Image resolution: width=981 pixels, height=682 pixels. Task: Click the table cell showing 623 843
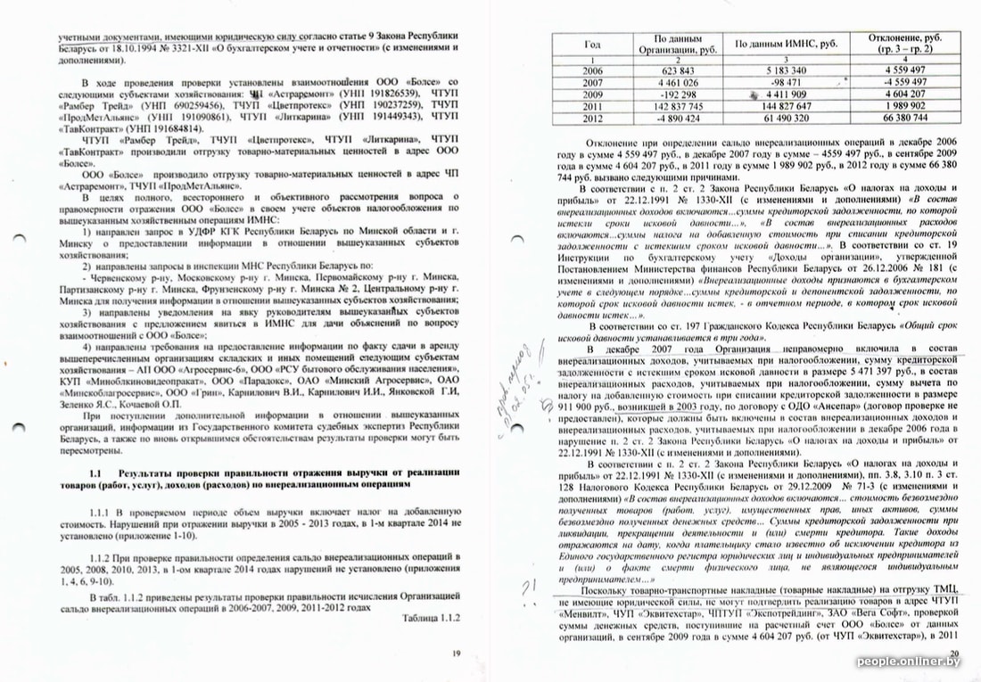point(680,70)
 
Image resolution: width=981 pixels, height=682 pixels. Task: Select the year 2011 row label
point(592,105)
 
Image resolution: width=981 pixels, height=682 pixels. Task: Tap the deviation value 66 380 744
point(911,118)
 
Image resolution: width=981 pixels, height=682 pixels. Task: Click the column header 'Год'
point(592,44)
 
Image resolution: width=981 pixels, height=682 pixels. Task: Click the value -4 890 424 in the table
point(680,118)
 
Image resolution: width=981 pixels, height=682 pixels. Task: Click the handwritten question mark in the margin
point(526,584)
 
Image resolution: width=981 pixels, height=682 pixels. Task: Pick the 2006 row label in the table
point(592,70)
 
